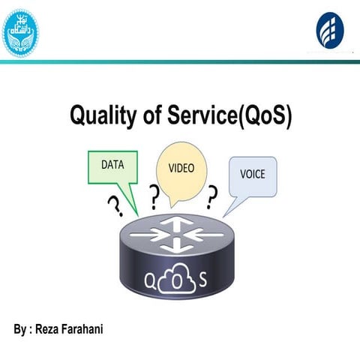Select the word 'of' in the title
(x=151, y=117)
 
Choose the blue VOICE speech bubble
(x=253, y=175)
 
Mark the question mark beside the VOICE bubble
(x=212, y=198)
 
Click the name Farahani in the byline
(x=90, y=330)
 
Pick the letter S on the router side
(x=202, y=281)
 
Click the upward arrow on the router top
(x=177, y=222)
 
